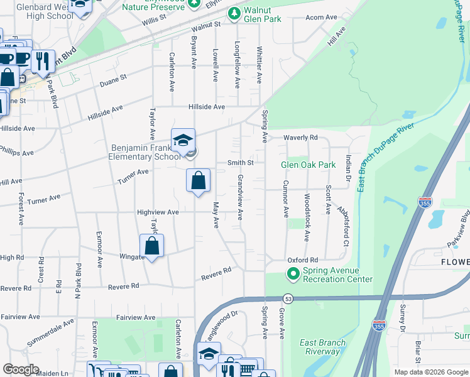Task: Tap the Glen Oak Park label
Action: point(309,165)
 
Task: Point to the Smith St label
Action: point(240,162)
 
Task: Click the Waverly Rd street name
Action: point(300,138)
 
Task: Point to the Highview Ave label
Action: point(158,212)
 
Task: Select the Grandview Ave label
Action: point(239,197)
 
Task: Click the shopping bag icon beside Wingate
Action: point(152,246)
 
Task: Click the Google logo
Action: point(21,369)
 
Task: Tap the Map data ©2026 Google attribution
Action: point(430,372)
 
